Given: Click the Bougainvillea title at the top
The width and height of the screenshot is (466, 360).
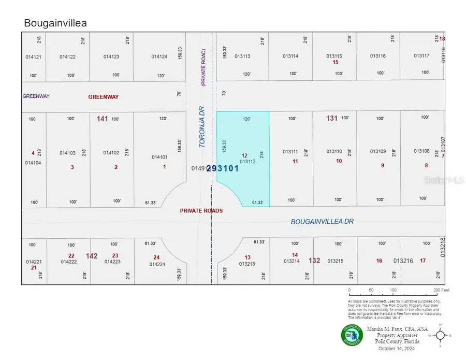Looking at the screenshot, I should point(55,23).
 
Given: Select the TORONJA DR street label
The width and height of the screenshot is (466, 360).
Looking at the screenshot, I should point(203,127).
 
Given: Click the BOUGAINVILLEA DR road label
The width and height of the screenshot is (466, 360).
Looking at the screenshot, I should point(322,221).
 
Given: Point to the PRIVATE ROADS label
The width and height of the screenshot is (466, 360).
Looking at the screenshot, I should point(201,211).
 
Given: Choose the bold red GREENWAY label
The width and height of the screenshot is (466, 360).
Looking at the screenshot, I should point(104,96).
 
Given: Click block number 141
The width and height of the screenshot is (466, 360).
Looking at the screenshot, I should point(102,119).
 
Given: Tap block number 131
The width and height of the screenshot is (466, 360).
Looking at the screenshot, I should point(331,118).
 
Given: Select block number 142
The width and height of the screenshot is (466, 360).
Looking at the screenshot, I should point(92,256).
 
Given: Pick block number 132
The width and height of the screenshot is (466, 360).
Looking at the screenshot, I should point(314,260).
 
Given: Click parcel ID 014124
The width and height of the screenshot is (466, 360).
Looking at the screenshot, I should point(159,56).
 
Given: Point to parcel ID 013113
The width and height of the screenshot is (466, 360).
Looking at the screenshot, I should point(242,56).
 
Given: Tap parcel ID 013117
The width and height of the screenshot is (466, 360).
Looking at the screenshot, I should point(421,55).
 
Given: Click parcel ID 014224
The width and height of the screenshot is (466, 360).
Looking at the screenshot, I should point(157,264).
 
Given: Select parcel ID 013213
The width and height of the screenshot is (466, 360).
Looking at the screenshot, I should point(247,264).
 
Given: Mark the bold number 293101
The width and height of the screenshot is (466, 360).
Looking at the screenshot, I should point(223,168).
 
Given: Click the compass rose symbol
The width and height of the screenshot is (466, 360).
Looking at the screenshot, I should point(440,336).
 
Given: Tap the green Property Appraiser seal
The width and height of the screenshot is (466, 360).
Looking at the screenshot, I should point(352,335).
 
